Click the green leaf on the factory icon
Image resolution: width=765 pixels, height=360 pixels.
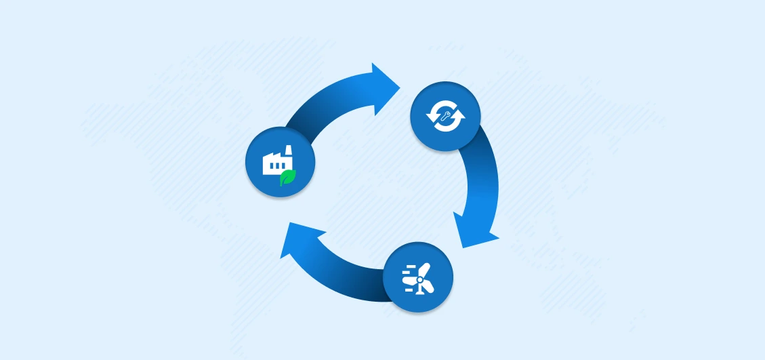point(289,177)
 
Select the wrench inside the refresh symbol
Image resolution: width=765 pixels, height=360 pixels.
point(446,116)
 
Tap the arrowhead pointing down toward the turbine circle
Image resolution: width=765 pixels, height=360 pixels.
point(474,231)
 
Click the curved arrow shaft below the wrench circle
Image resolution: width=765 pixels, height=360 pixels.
point(481,173)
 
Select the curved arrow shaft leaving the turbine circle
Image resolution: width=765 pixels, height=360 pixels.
point(352,275)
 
